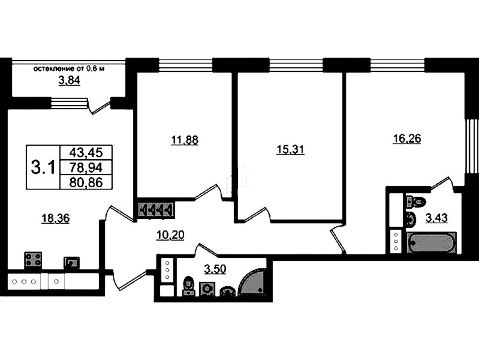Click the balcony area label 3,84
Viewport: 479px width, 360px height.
(69, 80)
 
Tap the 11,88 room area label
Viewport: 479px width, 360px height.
(185, 140)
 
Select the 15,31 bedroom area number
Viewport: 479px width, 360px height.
(290, 150)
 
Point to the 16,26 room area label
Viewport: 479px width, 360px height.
(407, 138)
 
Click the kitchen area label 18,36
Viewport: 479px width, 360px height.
(55, 218)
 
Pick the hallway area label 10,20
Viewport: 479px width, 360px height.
(170, 235)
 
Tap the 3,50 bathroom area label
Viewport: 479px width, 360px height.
(215, 269)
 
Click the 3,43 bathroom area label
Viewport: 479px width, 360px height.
(436, 218)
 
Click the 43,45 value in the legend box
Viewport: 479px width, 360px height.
(86, 152)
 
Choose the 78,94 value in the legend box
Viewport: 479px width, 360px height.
(86, 167)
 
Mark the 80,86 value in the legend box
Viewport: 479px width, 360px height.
(86, 182)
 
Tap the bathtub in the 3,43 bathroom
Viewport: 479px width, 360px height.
(432, 243)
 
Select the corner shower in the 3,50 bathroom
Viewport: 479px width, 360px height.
(252, 282)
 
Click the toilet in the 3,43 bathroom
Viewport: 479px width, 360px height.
(416, 201)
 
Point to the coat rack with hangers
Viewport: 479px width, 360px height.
(156, 210)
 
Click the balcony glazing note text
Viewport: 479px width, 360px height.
(69, 68)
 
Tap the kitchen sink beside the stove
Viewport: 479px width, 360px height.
(71, 263)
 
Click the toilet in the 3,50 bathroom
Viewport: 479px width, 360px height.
(188, 286)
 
